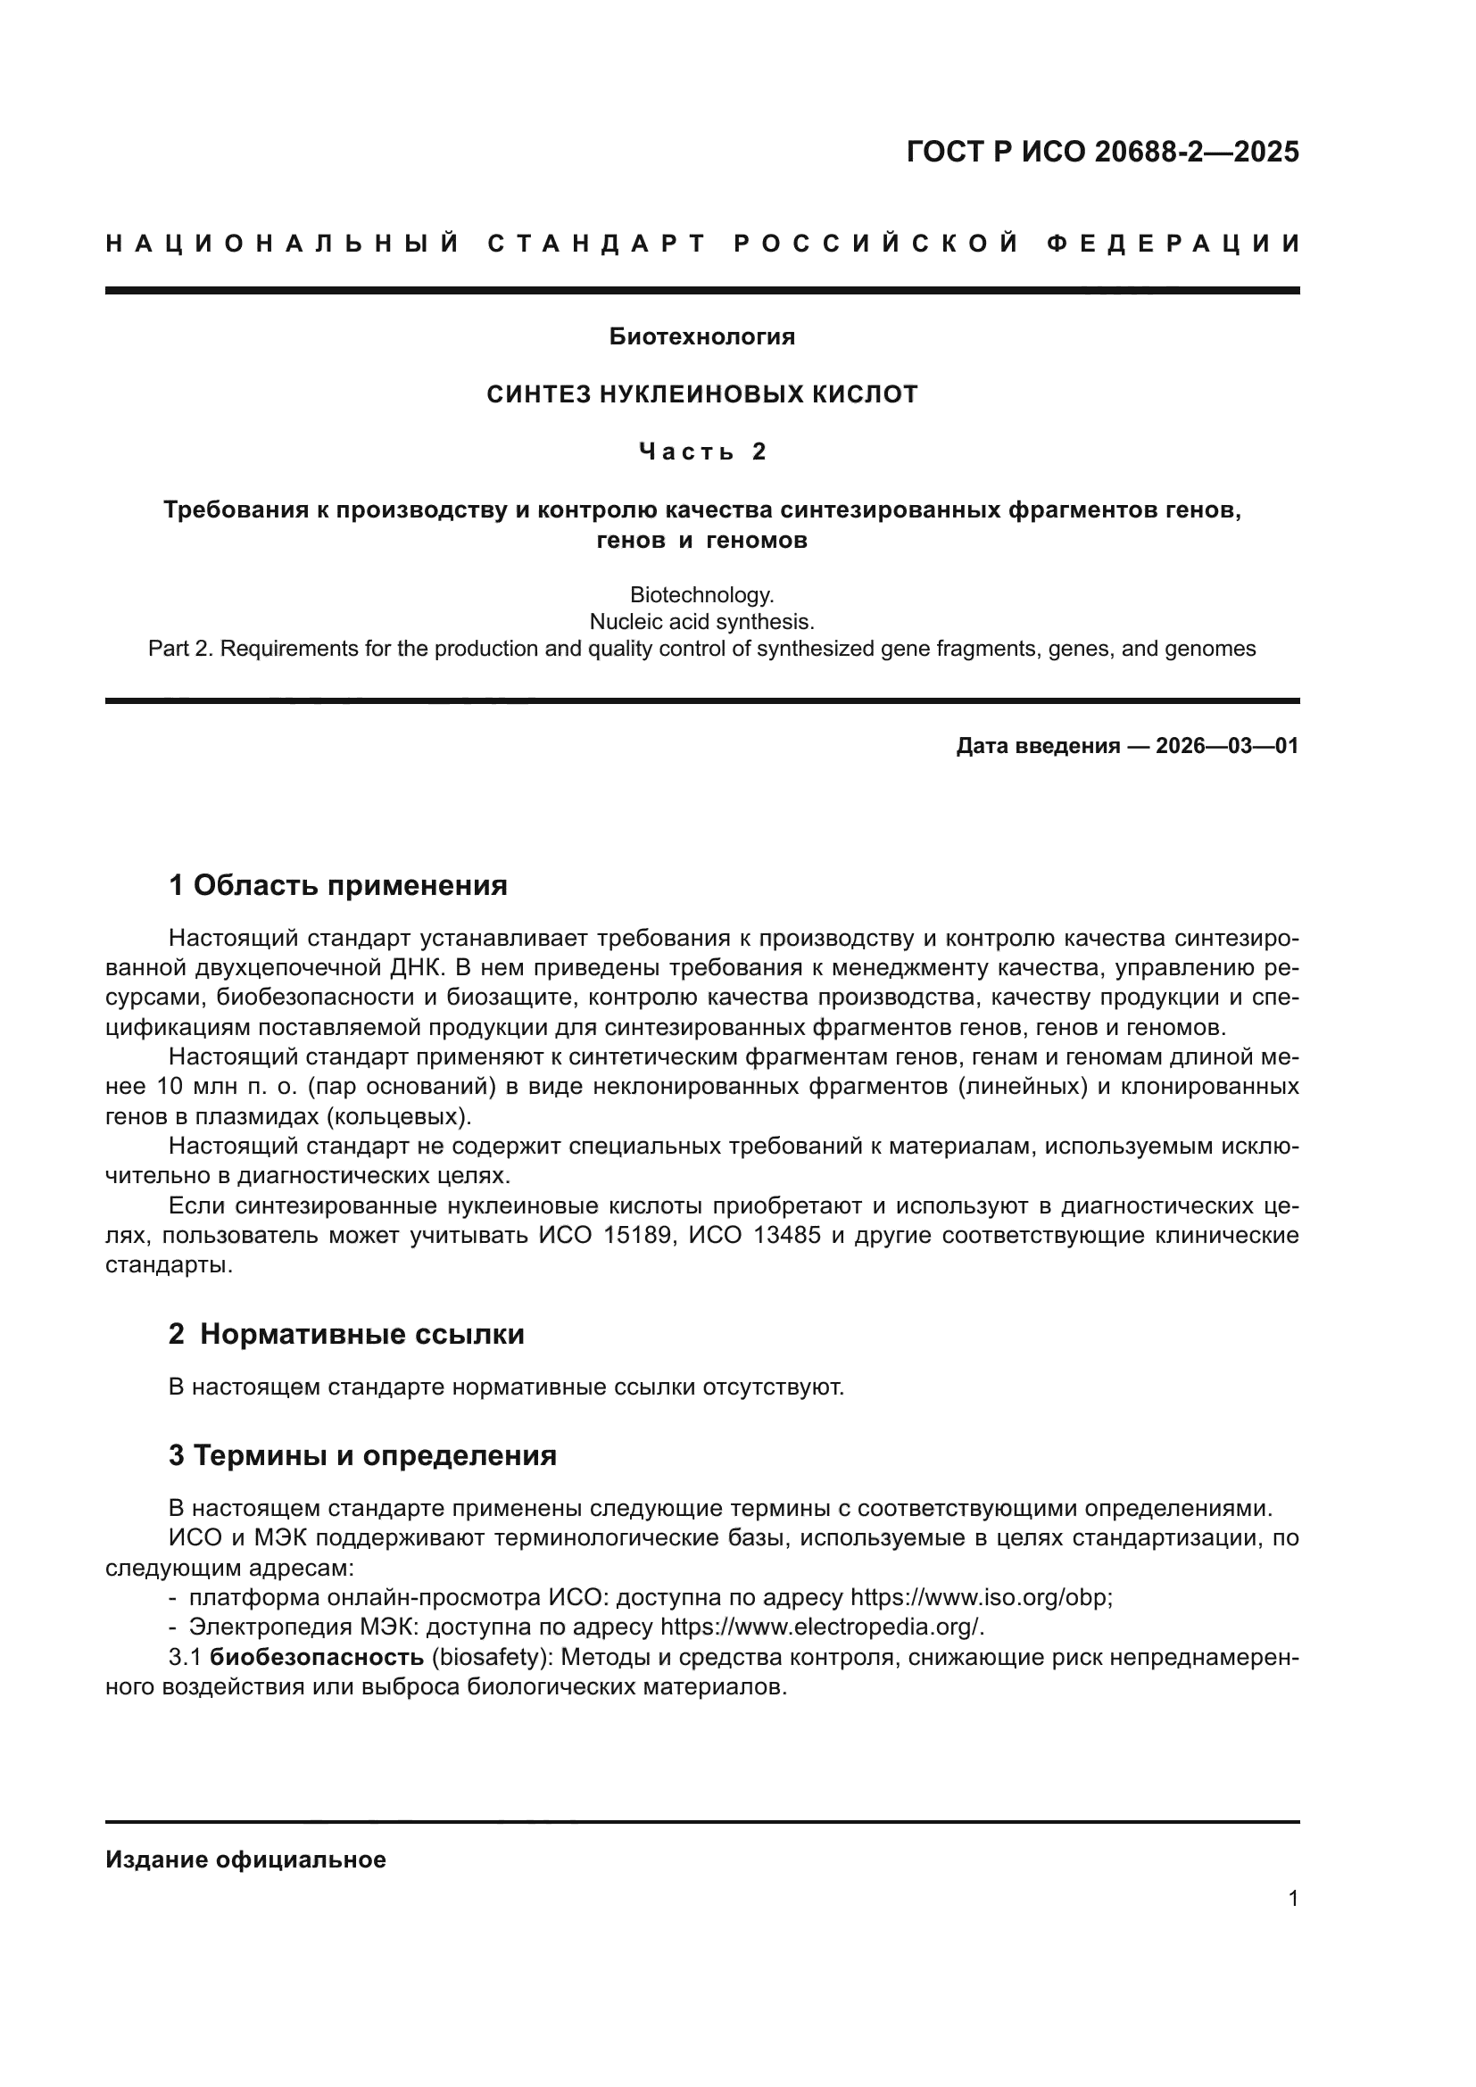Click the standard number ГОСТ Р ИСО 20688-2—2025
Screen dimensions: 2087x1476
1102,152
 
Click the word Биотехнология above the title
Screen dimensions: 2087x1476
701,337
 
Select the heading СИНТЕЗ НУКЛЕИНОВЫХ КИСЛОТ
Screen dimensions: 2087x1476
701,394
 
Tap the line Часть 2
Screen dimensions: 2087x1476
701,451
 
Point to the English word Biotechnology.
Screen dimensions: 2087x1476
701,595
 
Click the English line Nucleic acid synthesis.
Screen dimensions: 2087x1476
701,622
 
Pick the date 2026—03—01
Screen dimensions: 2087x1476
1226,746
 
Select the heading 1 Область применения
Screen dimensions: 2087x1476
338,884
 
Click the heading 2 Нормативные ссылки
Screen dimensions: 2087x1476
346,1333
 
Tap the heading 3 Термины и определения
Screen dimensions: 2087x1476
362,1455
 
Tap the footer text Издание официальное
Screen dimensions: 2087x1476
245,1859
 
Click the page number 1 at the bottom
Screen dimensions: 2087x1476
1293,1898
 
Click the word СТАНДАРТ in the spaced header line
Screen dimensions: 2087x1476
596,244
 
